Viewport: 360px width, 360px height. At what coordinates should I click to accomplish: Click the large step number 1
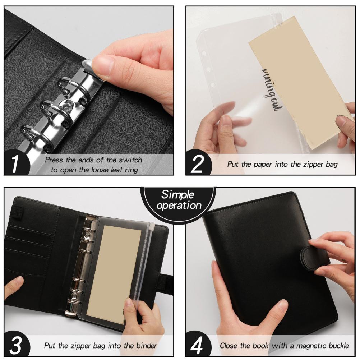tap(15, 164)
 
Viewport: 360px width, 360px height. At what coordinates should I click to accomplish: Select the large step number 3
tap(15, 345)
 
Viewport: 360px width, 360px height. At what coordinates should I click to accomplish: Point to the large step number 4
tap(197, 345)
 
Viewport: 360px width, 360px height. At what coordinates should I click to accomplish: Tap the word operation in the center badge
tap(179, 205)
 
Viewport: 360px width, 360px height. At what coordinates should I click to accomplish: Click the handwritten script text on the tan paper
tap(272, 90)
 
